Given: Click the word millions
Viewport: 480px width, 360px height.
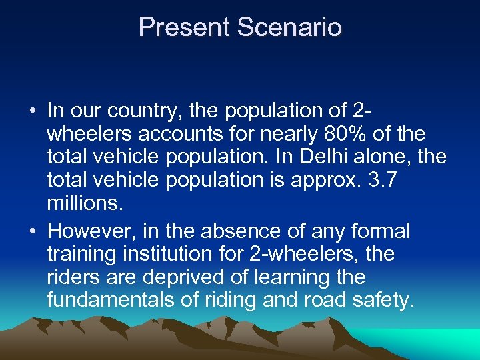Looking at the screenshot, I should (x=85, y=203).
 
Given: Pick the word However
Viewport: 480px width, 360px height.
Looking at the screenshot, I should (x=90, y=231).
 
